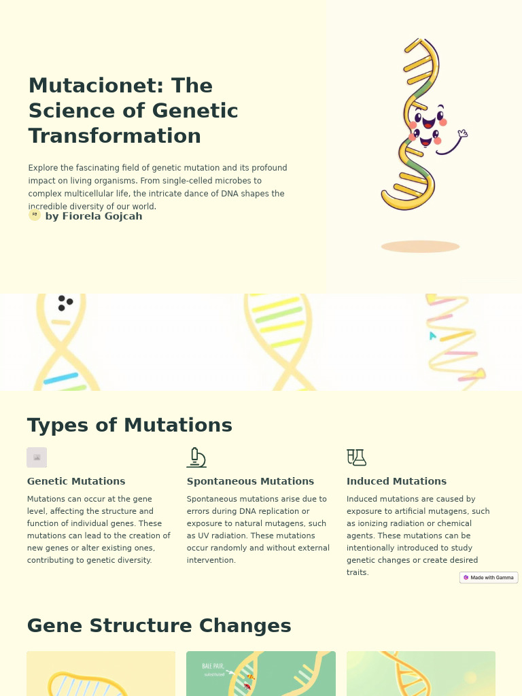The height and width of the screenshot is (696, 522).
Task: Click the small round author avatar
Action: pos(35,215)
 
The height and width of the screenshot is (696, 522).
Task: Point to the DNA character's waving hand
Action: pos(463,133)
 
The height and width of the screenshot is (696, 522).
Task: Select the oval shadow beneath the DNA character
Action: pos(420,246)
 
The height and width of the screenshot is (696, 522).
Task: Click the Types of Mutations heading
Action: pos(129,425)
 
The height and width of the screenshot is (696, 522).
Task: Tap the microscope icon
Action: pos(196,457)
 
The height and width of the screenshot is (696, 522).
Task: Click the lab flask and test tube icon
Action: pos(356,457)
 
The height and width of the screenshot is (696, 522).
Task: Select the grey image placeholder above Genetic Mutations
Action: pos(37,457)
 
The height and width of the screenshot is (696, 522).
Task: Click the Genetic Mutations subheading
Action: pos(76,481)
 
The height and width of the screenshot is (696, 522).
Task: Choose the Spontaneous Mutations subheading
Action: pos(250,481)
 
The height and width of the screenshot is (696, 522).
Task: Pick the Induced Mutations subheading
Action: pos(396,481)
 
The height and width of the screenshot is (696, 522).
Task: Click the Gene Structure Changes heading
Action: pos(159,625)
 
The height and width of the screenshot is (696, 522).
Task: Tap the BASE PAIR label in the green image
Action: pos(213,666)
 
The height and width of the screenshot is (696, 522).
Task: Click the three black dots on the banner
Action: pos(65,302)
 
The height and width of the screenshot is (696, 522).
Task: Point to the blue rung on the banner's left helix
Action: pos(60,379)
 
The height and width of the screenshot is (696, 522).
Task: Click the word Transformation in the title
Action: pos(114,136)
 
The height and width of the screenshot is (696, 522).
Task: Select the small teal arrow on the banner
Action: pos(432,335)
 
